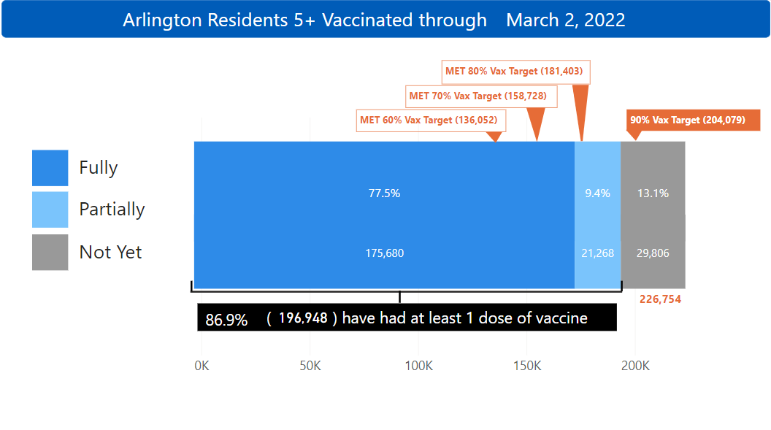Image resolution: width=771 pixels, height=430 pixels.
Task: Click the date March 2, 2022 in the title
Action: pyautogui.click(x=565, y=20)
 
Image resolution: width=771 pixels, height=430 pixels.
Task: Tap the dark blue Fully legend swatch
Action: pyautogui.click(x=50, y=168)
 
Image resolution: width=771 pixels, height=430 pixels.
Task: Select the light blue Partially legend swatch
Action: pyautogui.click(x=50, y=210)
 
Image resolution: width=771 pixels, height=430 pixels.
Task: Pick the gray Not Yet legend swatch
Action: pyautogui.click(x=50, y=252)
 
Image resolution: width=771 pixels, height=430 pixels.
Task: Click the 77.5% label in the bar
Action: pyautogui.click(x=384, y=193)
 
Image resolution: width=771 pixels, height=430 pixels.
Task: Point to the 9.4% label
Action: pyautogui.click(x=598, y=193)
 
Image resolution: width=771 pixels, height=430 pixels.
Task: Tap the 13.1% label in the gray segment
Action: pyautogui.click(x=653, y=193)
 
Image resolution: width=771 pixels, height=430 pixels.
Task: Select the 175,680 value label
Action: pyautogui.click(x=384, y=253)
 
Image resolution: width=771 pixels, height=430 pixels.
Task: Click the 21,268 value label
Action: pyautogui.click(x=598, y=253)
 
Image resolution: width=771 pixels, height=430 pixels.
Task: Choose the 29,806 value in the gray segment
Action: pyautogui.click(x=653, y=253)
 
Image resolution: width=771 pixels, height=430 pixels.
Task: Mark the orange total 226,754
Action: pyautogui.click(x=660, y=299)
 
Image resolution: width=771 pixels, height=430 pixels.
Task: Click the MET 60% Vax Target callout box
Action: pyautogui.click(x=431, y=120)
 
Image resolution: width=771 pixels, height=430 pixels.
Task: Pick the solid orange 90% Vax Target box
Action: pyautogui.click(x=693, y=120)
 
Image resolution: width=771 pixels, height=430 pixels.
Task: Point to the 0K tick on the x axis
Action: pyautogui.click(x=202, y=366)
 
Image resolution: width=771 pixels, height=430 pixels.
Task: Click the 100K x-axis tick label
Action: pyautogui.click(x=418, y=366)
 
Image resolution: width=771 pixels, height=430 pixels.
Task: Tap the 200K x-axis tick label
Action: pyautogui.click(x=635, y=366)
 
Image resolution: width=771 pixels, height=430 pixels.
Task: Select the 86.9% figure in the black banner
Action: pyautogui.click(x=226, y=319)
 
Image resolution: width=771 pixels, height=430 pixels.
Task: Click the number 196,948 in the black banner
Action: pyautogui.click(x=303, y=318)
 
